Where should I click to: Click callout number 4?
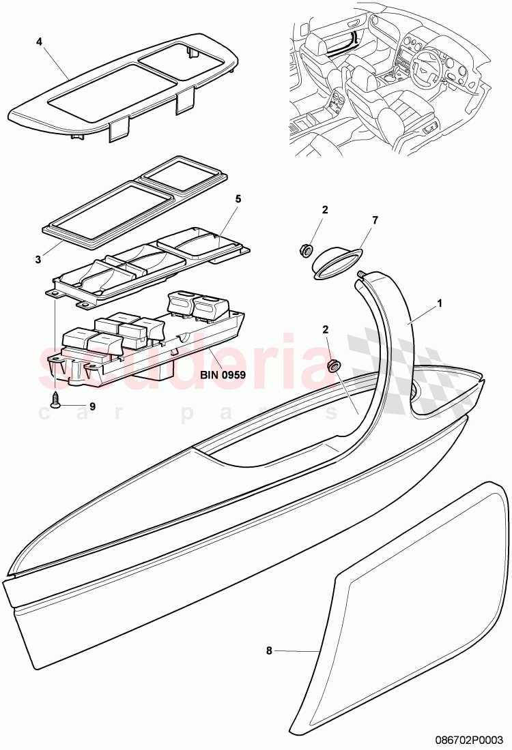pyautogui.click(x=39, y=42)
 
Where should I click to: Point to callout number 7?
pyautogui.click(x=374, y=220)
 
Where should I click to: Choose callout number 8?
pyautogui.click(x=268, y=651)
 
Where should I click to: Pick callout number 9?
pyautogui.click(x=93, y=406)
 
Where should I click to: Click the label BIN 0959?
pyautogui.click(x=223, y=374)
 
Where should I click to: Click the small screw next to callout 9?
pyautogui.click(x=55, y=401)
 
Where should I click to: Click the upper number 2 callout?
pyautogui.click(x=325, y=210)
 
